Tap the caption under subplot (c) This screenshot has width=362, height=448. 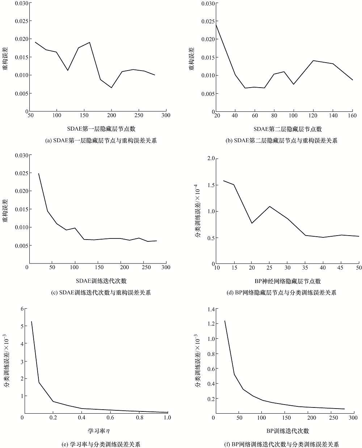[100, 292]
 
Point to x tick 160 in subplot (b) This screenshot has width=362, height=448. [352, 116]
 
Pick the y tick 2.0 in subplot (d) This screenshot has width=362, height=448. [210, 159]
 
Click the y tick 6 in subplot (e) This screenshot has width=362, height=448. [22, 309]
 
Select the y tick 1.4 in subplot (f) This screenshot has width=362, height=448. [210, 309]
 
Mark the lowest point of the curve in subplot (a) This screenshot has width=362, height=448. [111, 88]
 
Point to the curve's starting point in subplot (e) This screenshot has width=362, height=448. [31, 321]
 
